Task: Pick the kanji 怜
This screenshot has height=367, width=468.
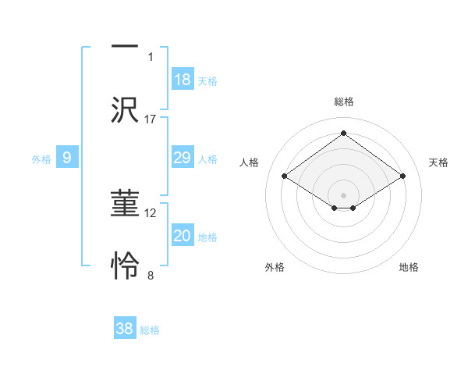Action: (125, 265)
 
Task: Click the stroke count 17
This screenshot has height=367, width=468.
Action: (151, 119)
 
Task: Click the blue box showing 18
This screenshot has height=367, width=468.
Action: (183, 80)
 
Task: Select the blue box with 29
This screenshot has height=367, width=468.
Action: (183, 158)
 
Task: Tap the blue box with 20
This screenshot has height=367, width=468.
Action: (183, 236)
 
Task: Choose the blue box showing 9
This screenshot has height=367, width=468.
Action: (67, 158)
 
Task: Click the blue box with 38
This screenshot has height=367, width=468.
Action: (125, 329)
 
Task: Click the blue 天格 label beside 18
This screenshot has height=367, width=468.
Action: (207, 81)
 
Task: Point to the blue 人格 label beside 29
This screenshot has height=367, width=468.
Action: (207, 159)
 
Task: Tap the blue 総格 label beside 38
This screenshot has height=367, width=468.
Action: (150, 330)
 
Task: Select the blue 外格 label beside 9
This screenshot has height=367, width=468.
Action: (41, 159)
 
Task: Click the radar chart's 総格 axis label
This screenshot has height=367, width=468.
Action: (343, 102)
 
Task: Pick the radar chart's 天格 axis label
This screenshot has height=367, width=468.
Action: (438, 162)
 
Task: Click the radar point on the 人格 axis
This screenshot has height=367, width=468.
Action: (285, 176)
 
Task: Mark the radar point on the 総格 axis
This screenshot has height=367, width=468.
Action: (343, 133)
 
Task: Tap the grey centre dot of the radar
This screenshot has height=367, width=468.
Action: (343, 194)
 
